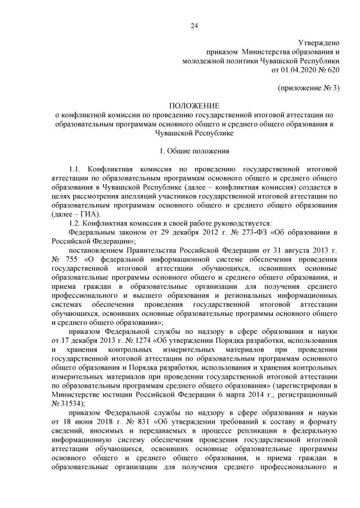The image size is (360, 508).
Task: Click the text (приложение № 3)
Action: click(309, 88)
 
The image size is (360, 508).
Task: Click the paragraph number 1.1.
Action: click(75, 169)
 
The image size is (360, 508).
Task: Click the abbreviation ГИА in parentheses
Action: click(87, 214)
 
